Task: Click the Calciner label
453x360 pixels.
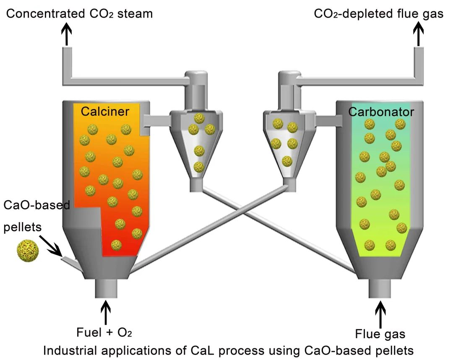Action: [105, 111]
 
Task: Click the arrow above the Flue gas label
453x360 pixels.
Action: [381, 314]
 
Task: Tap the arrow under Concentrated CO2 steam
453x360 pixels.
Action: [67, 34]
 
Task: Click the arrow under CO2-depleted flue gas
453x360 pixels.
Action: [418, 34]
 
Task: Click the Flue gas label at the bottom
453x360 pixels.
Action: [380, 334]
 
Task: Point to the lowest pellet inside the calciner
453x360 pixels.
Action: [116, 244]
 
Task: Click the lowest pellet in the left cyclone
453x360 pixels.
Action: [199, 167]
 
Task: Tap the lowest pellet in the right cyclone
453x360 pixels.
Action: [287, 161]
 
